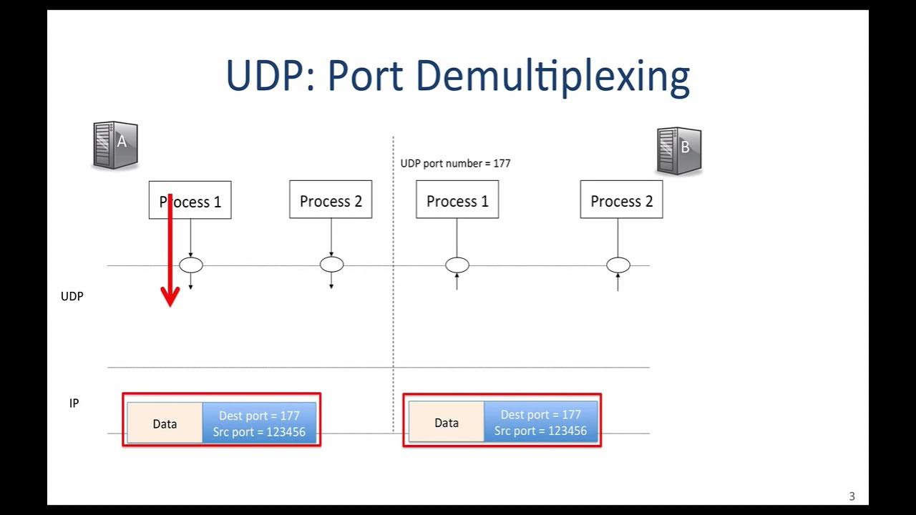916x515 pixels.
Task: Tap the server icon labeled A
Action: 114,145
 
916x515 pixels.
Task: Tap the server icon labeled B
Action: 678,151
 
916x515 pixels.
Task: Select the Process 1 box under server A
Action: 190,200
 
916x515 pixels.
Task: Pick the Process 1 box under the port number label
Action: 457,200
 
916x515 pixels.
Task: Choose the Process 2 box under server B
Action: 621,200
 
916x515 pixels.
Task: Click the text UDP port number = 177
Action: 455,163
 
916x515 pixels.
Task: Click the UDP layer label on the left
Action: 72,296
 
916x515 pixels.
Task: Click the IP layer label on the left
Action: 74,403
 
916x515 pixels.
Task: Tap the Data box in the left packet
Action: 165,423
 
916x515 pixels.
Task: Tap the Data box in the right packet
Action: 447,423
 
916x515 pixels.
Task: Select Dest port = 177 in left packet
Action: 259,416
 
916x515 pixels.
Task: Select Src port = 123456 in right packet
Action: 540,431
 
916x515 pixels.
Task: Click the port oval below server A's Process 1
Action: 190,265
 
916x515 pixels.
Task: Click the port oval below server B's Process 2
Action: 618,265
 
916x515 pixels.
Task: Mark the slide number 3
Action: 852,496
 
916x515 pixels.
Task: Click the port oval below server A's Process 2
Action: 331,265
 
